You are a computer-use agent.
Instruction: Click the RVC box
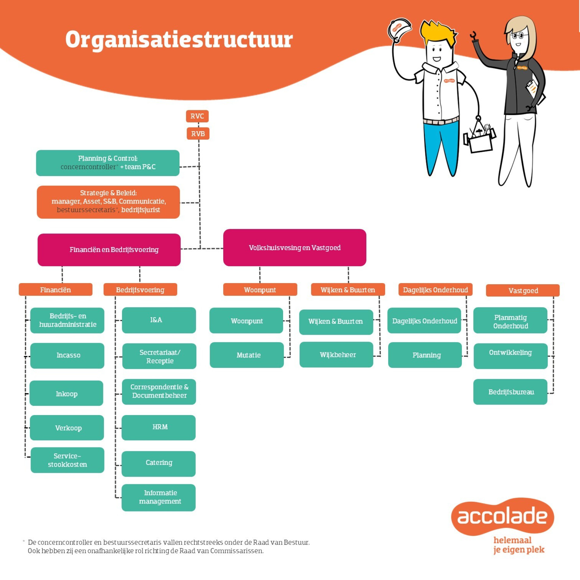pos(197,116)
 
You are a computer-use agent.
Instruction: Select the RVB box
pos(198,134)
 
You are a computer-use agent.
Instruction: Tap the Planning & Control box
pos(108,163)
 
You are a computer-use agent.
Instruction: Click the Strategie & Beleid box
pos(108,202)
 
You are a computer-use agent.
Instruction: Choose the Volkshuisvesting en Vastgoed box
pos(295,247)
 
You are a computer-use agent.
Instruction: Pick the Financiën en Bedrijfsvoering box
pos(109,250)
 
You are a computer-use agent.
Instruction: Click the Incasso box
pos(67,355)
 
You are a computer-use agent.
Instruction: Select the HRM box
pos(159,427)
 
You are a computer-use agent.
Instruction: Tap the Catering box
pos(159,463)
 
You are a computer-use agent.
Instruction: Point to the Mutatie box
pos(247,355)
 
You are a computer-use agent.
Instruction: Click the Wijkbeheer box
pos(336,354)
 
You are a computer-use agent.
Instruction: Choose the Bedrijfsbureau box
pos(510,391)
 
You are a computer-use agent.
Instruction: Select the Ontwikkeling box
pos(511,356)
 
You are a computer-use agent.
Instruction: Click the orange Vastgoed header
pos(523,290)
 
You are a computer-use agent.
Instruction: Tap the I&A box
pos(159,320)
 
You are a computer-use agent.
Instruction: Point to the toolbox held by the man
pos(479,137)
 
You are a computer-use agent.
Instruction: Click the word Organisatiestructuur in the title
pos(179,40)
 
